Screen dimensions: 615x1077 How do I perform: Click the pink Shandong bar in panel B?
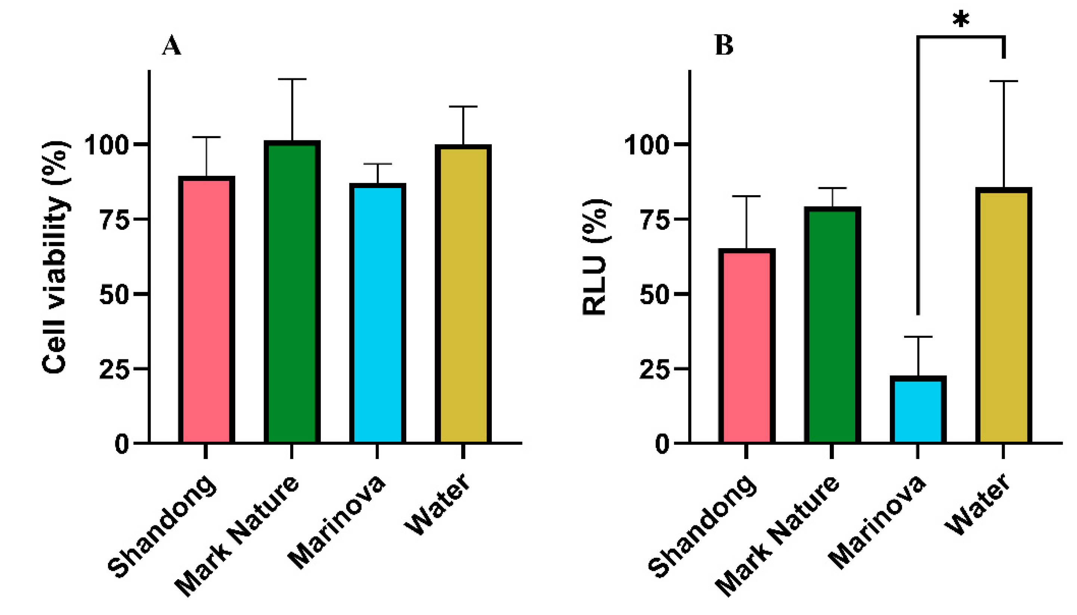tap(747, 346)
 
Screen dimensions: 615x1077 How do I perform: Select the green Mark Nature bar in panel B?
tap(832, 325)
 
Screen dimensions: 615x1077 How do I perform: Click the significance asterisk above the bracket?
tap(961, 19)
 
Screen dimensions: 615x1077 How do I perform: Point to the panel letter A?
tap(171, 46)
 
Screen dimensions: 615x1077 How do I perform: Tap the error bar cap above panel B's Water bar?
tap(1003, 81)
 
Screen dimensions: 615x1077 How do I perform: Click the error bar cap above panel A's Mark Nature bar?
tap(292, 79)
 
